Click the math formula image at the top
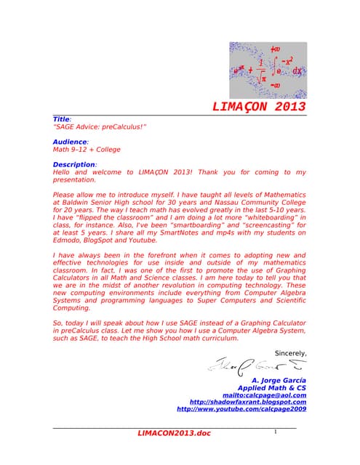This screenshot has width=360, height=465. (x=268, y=70)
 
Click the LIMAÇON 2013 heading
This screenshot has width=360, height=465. (x=259, y=107)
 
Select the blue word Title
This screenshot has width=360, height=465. (x=61, y=119)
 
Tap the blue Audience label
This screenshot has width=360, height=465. (x=70, y=142)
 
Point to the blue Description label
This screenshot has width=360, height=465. (x=74, y=165)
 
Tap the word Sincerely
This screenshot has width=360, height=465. (x=289, y=353)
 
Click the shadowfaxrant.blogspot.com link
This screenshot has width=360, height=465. (x=247, y=402)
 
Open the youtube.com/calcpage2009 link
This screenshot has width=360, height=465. (x=241, y=409)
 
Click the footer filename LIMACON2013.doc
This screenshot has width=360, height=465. (x=174, y=434)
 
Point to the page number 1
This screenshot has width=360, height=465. (x=276, y=432)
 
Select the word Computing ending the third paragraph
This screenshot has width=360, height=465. (x=71, y=308)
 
